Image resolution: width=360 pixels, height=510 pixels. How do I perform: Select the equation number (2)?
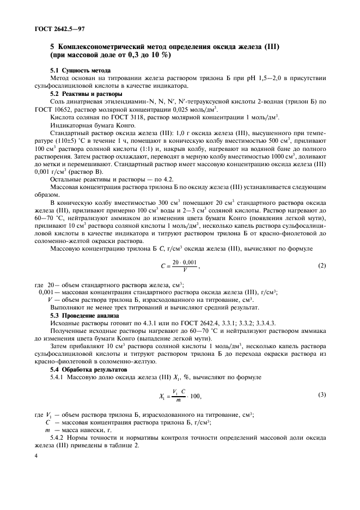tap(322, 266)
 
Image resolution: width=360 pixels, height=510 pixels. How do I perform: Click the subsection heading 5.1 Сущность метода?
tap(80, 71)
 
